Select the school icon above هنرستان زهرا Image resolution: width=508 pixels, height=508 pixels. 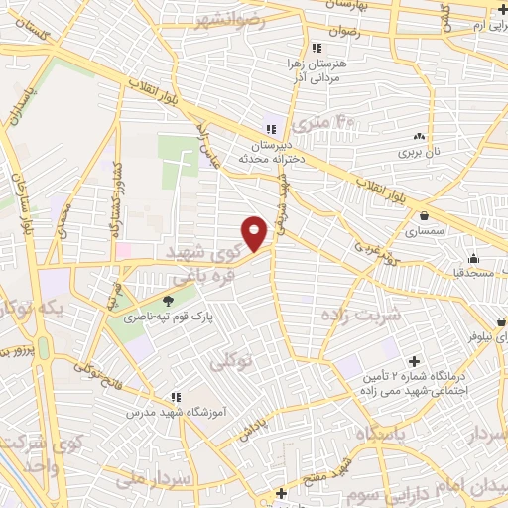pos(316,48)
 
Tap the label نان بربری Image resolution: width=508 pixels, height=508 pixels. pos(419,153)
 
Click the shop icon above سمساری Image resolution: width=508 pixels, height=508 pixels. pos(425,215)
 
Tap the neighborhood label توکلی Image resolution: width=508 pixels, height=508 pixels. pos(232,363)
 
